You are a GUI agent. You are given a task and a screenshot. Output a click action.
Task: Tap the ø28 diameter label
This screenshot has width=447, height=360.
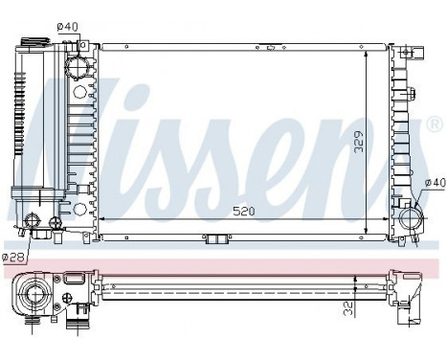point(13,257)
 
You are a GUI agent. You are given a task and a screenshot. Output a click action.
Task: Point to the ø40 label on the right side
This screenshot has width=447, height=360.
point(435,183)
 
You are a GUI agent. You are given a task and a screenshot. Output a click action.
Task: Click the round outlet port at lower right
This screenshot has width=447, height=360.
point(412,216)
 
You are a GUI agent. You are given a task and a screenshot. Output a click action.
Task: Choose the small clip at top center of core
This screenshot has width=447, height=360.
point(272,43)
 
